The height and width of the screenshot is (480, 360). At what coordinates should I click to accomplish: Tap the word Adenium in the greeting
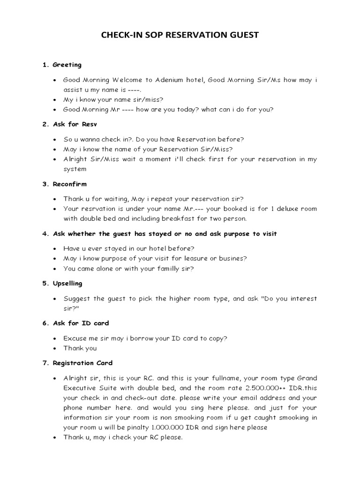pos(174,80)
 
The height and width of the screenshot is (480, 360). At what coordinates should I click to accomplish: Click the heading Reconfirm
pos(70,184)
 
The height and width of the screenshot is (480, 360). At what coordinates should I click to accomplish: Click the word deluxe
pos(280,209)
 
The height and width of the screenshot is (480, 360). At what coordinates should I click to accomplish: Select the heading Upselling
pos(67,283)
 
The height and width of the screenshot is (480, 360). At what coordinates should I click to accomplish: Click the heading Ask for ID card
pos(81,323)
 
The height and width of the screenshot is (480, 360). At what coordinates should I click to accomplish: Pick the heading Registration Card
pos(82,363)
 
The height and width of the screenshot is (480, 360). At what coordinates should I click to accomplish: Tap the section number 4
pos(45,234)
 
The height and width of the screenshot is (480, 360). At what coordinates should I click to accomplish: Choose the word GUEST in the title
pos(242,35)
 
